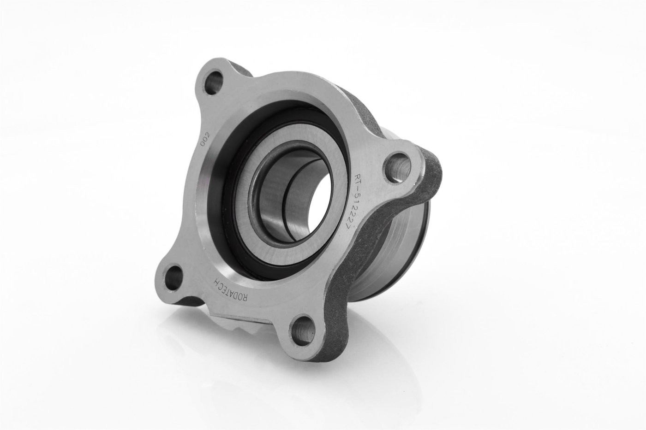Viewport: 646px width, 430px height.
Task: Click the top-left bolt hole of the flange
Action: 214,82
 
